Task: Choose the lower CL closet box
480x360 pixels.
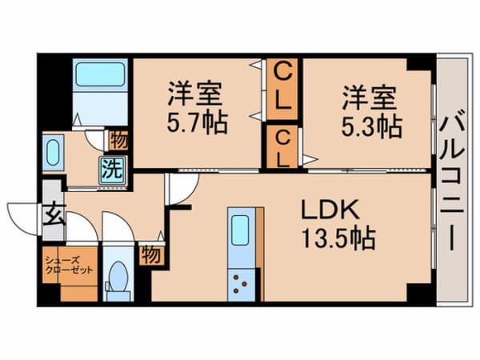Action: pos(282,148)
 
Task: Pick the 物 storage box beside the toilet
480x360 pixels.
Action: pos(150,254)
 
